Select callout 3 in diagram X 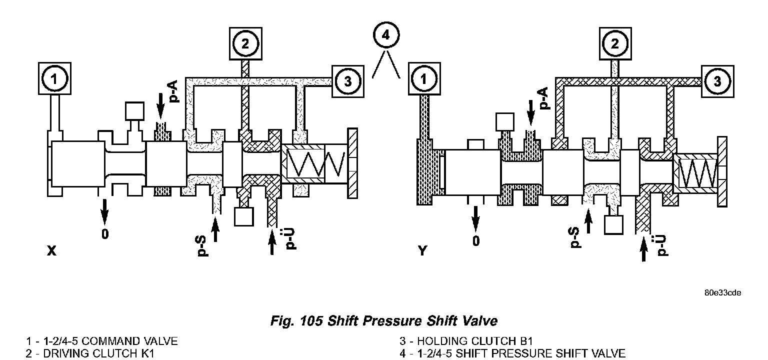[x=348, y=80]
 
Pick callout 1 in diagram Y [x=424, y=78]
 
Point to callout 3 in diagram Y [x=717, y=80]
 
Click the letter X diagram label [x=51, y=251]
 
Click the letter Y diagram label [x=423, y=251]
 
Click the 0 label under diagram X [x=104, y=233]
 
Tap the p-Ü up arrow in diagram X [x=272, y=241]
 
